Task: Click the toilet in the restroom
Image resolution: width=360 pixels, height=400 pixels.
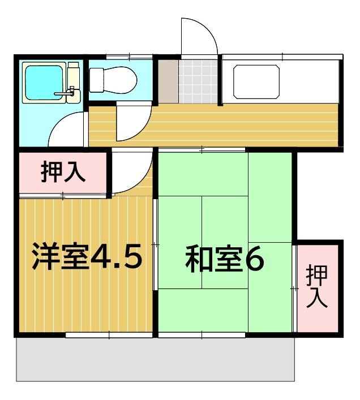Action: coord(113,80)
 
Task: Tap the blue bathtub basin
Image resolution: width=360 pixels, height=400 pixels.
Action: coord(44,83)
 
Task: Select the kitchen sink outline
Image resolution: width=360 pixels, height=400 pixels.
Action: coord(256,81)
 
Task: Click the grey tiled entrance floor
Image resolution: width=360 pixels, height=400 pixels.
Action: coord(198,81)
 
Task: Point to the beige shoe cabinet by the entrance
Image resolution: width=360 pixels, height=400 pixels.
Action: coord(168,81)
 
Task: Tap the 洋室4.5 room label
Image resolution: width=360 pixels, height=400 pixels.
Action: coord(87,256)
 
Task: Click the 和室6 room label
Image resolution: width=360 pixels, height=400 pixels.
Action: coord(225,258)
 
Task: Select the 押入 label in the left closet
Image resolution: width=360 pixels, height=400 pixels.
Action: coord(63,171)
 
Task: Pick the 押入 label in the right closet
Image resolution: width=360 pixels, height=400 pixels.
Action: coord(317,286)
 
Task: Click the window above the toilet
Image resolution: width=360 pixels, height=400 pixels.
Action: coord(130,57)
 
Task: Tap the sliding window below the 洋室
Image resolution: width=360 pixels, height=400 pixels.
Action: coord(109,335)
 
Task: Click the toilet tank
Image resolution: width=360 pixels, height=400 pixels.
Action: coord(97,80)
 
